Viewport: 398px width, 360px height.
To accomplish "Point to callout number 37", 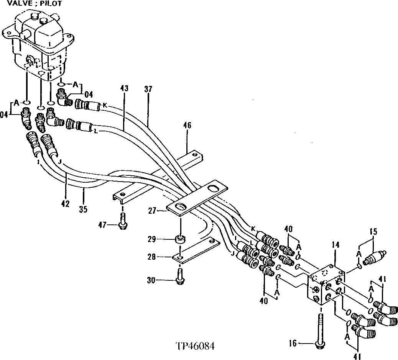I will point(148,89).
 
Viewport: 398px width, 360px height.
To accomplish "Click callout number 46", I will point(187,125).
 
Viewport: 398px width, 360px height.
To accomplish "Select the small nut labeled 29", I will point(179,241).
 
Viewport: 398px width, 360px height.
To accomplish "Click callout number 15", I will point(373,231).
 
